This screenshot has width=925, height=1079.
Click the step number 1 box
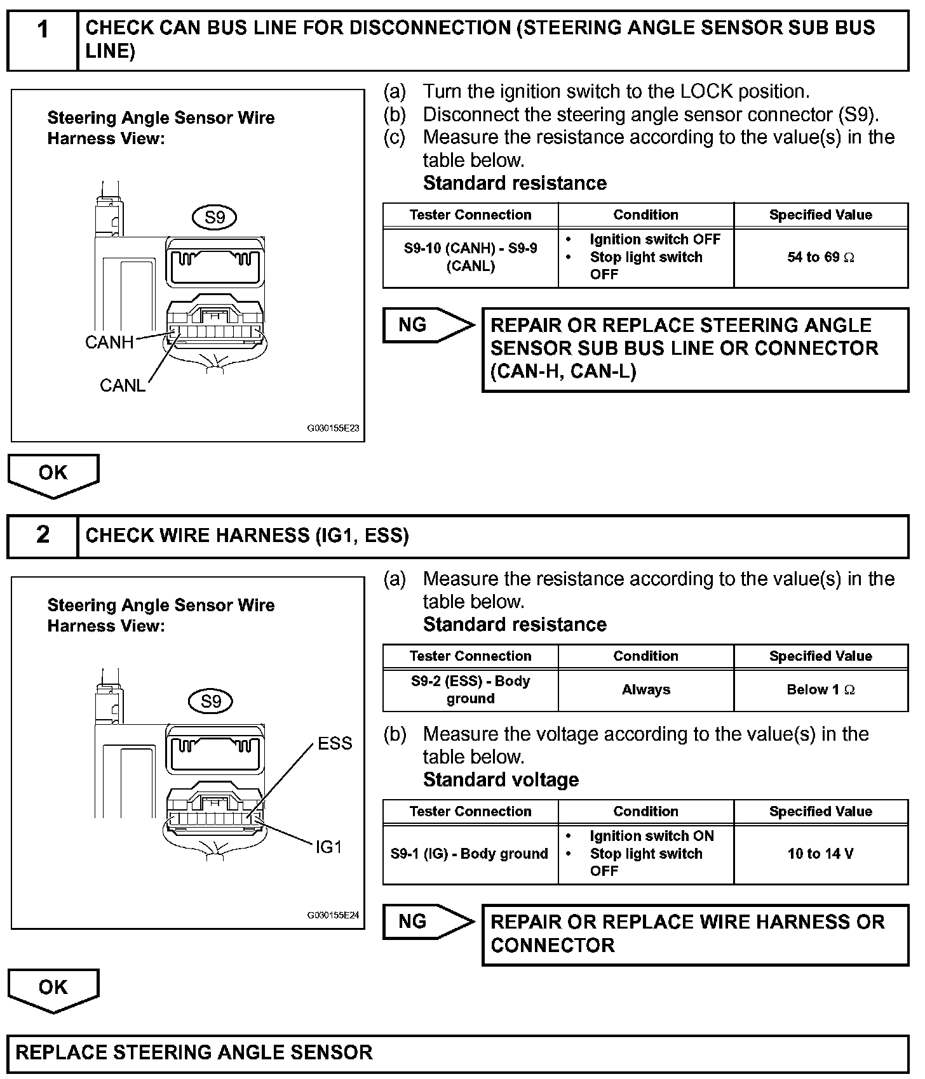pyautogui.click(x=43, y=39)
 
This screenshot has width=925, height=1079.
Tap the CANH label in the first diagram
pyautogui.click(x=109, y=343)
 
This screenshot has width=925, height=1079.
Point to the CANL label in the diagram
pyautogui.click(x=123, y=385)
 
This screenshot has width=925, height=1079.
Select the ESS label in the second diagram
pyautogui.click(x=335, y=743)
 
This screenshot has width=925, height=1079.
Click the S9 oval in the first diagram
pyautogui.click(x=215, y=218)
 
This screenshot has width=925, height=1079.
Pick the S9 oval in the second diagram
pyautogui.click(x=211, y=701)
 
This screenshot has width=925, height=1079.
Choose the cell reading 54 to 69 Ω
pyautogui.click(x=821, y=257)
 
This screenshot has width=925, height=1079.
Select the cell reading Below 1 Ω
pyautogui.click(x=821, y=689)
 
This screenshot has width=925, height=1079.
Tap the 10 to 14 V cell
pyautogui.click(x=821, y=854)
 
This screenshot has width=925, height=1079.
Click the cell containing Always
pyautogui.click(x=645, y=689)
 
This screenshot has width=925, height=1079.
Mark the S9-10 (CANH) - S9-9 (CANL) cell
pyautogui.click(x=470, y=257)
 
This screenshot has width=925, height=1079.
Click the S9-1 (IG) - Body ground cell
pyautogui.click(x=470, y=854)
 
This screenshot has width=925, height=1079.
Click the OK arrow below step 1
pyautogui.click(x=53, y=474)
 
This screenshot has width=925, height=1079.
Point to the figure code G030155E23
pyautogui.click(x=333, y=428)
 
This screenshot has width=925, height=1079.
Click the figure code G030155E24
pyautogui.click(x=333, y=915)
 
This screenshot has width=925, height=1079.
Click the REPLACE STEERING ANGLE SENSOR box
pyautogui.click(x=457, y=1052)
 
